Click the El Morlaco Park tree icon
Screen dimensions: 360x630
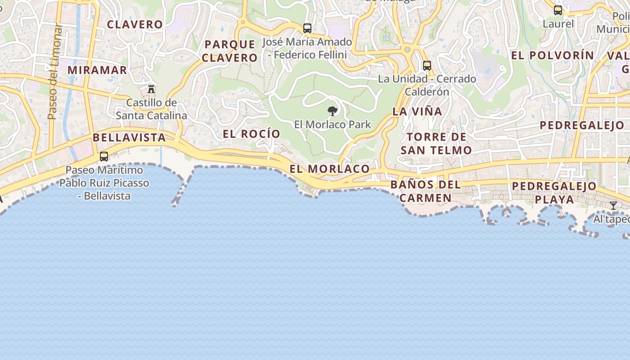tap(333, 111)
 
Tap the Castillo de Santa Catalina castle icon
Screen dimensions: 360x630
tap(151, 89)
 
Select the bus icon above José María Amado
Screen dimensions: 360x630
tap(307, 28)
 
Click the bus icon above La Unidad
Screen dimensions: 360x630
tap(427, 66)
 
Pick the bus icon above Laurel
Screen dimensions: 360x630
tap(558, 10)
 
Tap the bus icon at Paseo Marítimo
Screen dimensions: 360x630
tap(104, 157)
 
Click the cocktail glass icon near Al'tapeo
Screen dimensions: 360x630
tap(613, 206)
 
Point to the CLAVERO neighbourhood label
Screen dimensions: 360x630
tap(135, 24)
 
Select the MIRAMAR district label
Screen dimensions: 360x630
tap(98, 70)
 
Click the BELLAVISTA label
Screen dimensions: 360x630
tap(129, 137)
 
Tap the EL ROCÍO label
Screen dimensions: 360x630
tap(252, 134)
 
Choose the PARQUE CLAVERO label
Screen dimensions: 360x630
tap(229, 51)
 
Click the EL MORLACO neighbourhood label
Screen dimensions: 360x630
tap(329, 169)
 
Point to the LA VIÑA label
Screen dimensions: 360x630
tap(417, 111)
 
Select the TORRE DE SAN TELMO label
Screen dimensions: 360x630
tap(436, 144)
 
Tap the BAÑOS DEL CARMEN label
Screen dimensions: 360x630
tap(426, 191)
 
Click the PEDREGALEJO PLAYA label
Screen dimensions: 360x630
tap(554, 192)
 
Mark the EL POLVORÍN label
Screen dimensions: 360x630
tap(553, 55)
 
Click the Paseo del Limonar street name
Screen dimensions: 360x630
tap(54, 72)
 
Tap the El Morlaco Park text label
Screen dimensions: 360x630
tap(333, 124)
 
